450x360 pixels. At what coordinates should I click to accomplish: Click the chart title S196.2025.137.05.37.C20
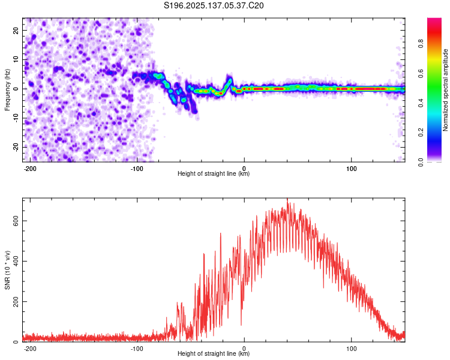[x=214, y=5]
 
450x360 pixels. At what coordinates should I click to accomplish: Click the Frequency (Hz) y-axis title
[x=7, y=90]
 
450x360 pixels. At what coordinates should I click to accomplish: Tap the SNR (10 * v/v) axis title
[x=7, y=270]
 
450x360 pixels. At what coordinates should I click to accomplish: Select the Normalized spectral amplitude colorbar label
[x=445, y=90]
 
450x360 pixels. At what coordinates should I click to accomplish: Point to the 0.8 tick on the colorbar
[x=421, y=44]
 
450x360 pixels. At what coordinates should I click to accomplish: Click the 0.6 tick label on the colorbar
[x=421, y=73]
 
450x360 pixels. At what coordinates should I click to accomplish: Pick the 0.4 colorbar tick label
[x=421, y=103]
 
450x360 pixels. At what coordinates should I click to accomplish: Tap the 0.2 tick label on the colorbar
[x=421, y=133]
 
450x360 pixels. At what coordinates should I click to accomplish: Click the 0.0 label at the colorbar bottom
[x=421, y=162]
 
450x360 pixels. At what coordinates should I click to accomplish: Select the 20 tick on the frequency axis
[x=16, y=30]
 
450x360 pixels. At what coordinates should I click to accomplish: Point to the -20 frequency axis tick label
[x=16, y=147]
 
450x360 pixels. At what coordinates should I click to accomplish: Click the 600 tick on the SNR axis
[x=16, y=221]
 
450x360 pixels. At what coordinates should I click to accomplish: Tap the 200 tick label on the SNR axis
[x=16, y=302]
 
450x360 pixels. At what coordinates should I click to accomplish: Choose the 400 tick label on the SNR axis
[x=16, y=261]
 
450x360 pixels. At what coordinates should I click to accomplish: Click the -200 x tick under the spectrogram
[x=29, y=169]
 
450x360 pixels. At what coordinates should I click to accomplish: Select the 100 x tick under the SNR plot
[x=351, y=349]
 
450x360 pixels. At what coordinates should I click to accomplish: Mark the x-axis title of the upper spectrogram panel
[x=214, y=173]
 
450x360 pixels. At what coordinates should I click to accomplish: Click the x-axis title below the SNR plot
[x=214, y=353]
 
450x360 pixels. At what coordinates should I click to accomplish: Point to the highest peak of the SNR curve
[x=287, y=199]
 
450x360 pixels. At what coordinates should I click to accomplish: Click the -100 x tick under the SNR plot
[x=137, y=349]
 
